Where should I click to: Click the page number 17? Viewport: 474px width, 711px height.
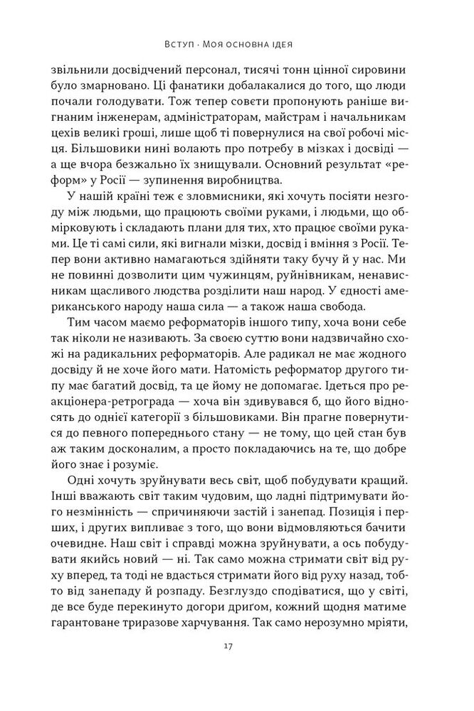237,666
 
